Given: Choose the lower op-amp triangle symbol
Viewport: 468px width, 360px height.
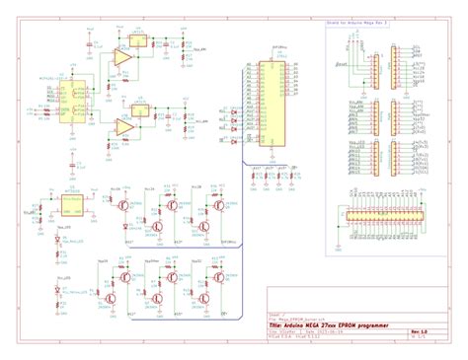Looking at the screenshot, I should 122,126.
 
